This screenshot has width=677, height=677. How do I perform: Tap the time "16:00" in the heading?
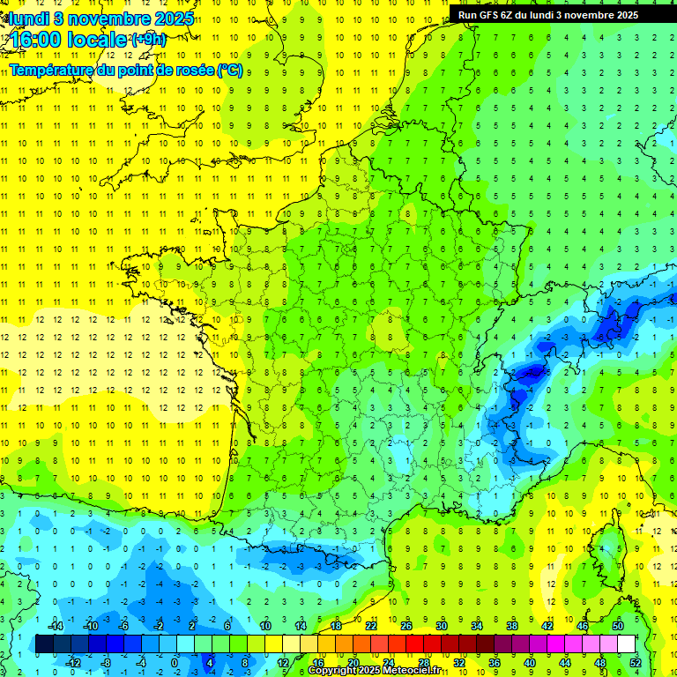click(x=33, y=41)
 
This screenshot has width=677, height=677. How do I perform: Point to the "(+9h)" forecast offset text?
click(x=147, y=39)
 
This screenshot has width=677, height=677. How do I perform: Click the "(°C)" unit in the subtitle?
click(x=229, y=70)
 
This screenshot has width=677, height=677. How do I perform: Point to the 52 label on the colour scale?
click(x=635, y=663)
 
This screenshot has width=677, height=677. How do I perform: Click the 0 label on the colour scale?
click(x=175, y=663)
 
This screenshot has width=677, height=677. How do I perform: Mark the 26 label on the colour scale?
click(x=405, y=625)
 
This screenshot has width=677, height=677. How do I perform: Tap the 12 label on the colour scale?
click(x=283, y=663)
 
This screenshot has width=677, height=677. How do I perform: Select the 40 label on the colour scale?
click(x=530, y=663)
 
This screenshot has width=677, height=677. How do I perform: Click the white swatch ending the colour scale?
click(x=626, y=644)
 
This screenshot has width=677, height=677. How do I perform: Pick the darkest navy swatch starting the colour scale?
click(x=44, y=644)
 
